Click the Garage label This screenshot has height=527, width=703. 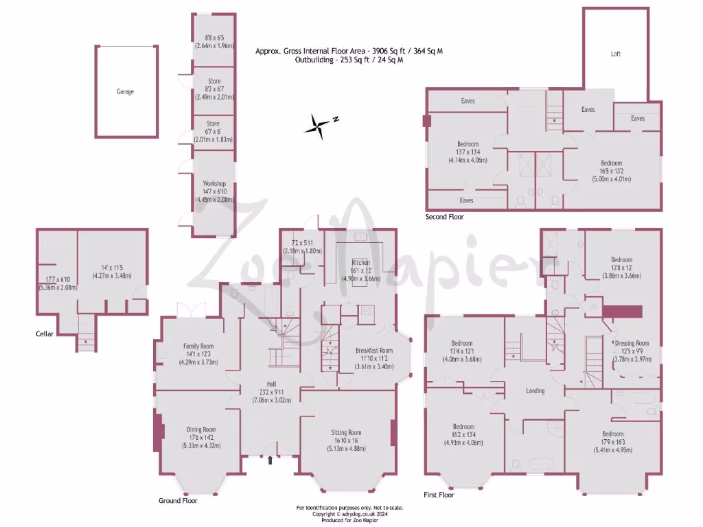click(125, 91)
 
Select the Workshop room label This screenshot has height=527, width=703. click(214, 184)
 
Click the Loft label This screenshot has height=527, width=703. click(616, 54)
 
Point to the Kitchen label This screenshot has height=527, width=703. click(360, 263)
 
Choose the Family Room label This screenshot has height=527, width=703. click(198, 347)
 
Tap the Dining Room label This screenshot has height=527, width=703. click(201, 430)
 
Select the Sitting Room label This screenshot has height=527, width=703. click(346, 432)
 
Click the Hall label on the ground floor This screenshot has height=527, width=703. click(273, 384)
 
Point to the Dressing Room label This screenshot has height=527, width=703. click(632, 343)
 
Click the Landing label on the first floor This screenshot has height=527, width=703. click(535, 391)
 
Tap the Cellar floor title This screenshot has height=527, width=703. click(45, 334)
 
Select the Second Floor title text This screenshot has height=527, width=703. click(445, 217)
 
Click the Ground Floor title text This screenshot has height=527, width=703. click(178, 501)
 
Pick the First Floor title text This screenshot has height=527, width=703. click(440, 494)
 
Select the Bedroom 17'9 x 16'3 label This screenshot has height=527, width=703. click(613, 434)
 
